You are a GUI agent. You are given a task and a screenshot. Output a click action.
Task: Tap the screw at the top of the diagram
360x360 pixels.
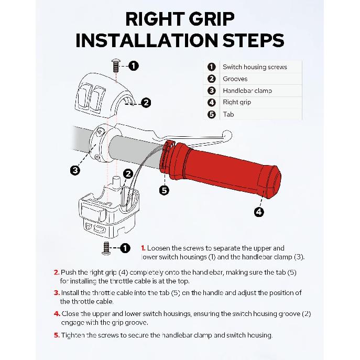pyautogui.click(x=116, y=67)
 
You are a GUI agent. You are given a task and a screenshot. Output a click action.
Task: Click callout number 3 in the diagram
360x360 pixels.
pyautogui.click(x=75, y=170)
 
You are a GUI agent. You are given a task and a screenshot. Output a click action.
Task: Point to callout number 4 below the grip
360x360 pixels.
pyautogui.click(x=259, y=212)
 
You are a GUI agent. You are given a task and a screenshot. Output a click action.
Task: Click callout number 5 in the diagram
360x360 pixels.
pyautogui.click(x=165, y=190)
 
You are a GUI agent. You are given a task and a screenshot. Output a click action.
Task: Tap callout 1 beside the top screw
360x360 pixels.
pyautogui.click(x=134, y=66)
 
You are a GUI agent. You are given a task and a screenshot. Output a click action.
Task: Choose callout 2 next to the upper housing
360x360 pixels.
pyautogui.click(x=146, y=103)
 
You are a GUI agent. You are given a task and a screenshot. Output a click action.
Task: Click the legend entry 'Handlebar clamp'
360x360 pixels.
pyautogui.click(x=247, y=91)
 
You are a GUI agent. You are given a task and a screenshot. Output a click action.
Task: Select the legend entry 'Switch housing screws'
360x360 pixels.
pyautogui.click(x=255, y=67)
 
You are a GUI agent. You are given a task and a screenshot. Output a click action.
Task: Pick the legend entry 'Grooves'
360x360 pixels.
pyautogui.click(x=235, y=79)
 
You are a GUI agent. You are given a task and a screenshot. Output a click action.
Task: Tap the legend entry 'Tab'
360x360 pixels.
pyautogui.click(x=228, y=114)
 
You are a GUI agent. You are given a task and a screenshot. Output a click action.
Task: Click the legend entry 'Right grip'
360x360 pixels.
pyautogui.click(x=237, y=102)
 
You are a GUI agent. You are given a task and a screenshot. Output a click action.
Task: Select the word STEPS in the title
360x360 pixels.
pyautogui.click(x=246, y=41)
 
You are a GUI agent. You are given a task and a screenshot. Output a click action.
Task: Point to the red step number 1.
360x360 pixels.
pyautogui.click(x=143, y=248)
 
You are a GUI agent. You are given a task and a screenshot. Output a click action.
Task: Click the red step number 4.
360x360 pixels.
pyautogui.click(x=57, y=314)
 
